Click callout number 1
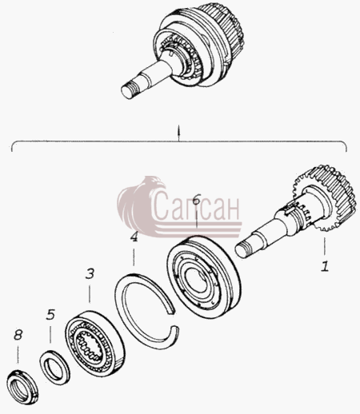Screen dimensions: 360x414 click(325, 266)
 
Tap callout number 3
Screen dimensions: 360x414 click(90, 274)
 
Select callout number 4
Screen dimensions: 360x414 click(134, 237)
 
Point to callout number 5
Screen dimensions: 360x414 click(50, 314)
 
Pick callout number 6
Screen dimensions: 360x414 click(196, 200)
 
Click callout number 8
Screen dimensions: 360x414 click(18, 335)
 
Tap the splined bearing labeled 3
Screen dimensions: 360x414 click(94, 344)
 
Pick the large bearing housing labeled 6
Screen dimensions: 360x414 click(204, 277)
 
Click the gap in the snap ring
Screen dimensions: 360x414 click(174, 319)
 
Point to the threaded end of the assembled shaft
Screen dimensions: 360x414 click(130, 90)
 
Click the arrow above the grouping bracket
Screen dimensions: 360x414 click(179, 133)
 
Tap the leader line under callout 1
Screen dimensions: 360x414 click(325, 246)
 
